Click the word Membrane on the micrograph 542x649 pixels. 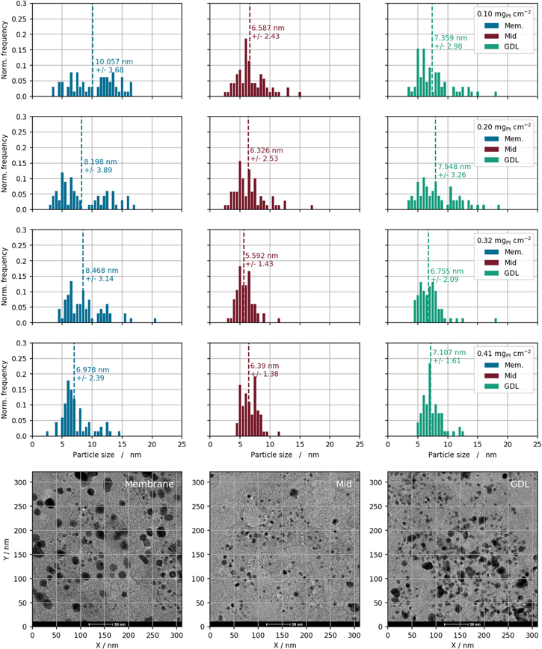pos(150,485)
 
